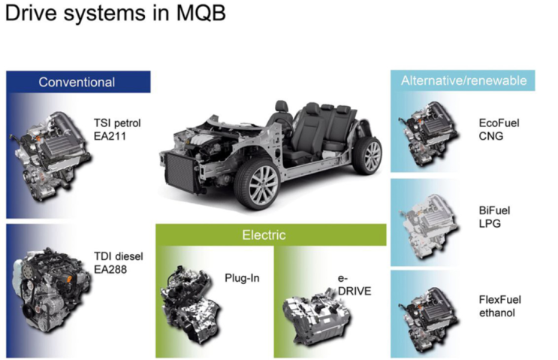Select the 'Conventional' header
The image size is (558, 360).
77,82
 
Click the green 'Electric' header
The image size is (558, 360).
264,235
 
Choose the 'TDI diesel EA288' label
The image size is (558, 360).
118,262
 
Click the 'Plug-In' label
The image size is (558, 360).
242,278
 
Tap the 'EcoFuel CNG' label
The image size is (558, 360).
499,129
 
